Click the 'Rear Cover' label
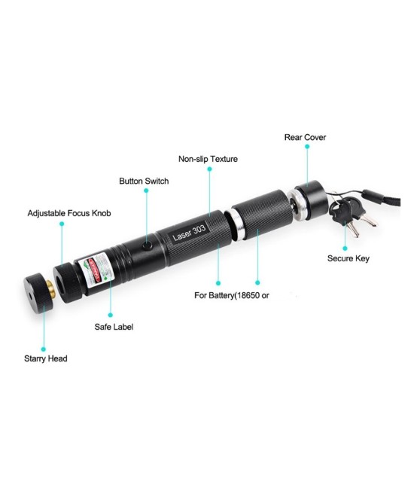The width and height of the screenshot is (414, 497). [305, 137]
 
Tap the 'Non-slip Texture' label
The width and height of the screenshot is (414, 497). [208, 159]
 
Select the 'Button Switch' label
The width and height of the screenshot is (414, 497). [144, 181]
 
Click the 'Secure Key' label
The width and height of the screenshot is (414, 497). [348, 259]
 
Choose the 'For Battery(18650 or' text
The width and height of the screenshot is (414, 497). [232, 295]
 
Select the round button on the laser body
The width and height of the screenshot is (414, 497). [146, 246]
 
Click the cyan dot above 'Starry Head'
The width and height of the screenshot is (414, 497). [42, 349]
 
